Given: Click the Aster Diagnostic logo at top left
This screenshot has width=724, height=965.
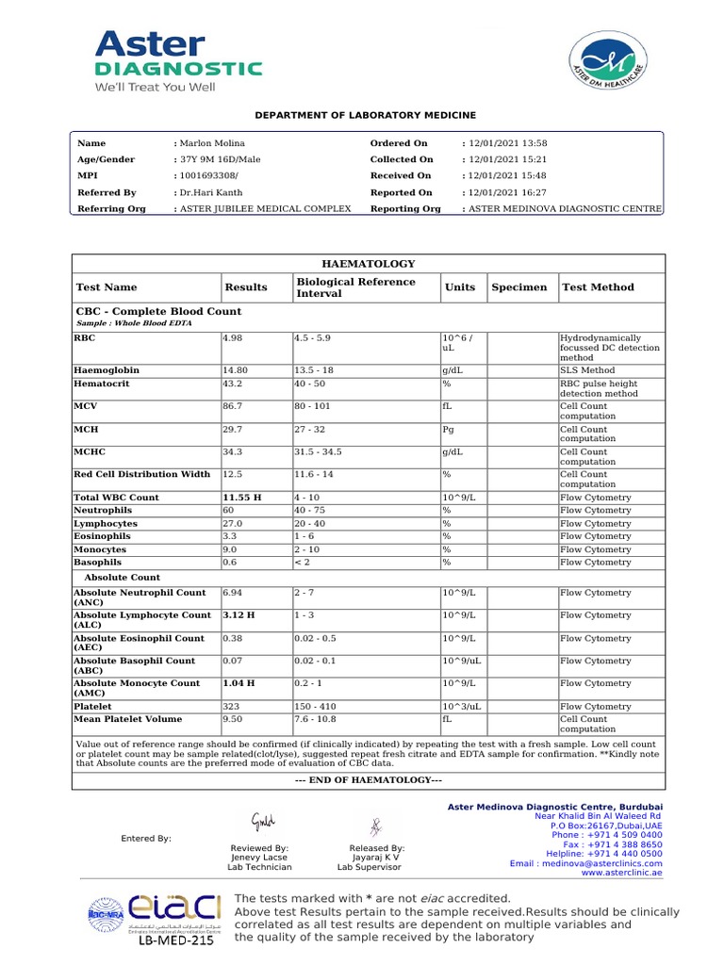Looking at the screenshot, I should click(x=177, y=61).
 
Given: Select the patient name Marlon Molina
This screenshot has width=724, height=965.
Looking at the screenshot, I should click(x=212, y=143).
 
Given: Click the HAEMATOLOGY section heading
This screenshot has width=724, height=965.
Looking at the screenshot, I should click(x=369, y=265).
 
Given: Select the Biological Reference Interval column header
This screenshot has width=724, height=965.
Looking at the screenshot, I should click(x=355, y=287).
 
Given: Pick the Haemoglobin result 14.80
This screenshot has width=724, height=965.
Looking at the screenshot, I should click(x=236, y=371).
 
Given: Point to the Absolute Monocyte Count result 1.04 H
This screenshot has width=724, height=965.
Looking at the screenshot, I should click(x=239, y=684).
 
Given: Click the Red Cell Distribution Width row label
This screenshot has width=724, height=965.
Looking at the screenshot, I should click(x=142, y=475).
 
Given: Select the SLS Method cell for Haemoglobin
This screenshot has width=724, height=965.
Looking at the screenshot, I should click(x=587, y=371).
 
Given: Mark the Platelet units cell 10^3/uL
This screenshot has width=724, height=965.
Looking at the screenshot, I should click(x=463, y=707).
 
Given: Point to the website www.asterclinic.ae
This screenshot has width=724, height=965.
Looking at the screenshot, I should click(x=621, y=874).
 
